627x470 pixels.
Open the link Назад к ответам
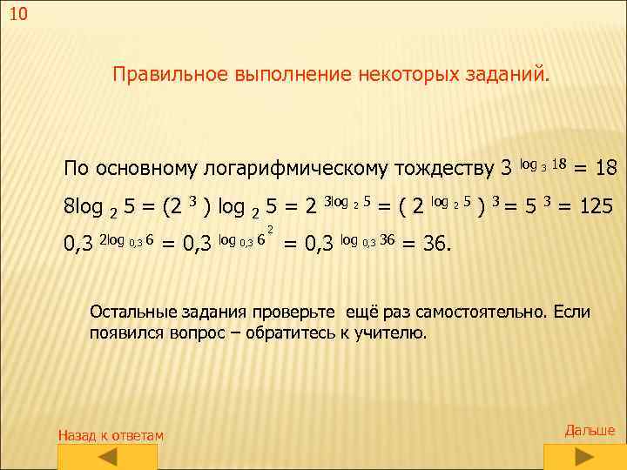(x=110, y=434)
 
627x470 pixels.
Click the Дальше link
(x=590, y=430)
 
